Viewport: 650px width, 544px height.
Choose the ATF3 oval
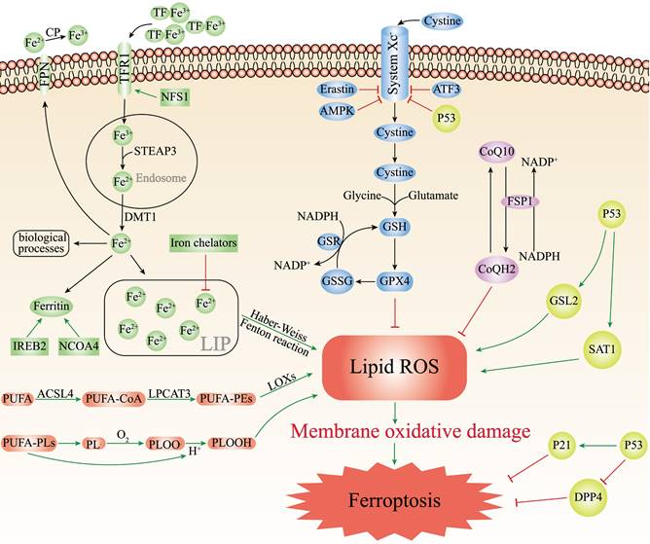[x=447, y=89]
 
